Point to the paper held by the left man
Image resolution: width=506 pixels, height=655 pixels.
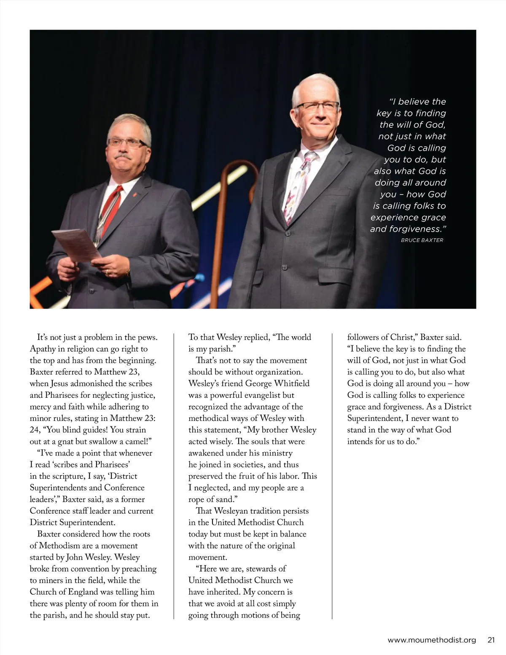pyautogui.click(x=75, y=245)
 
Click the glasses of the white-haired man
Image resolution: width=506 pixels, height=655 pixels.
pyautogui.click(x=317, y=106)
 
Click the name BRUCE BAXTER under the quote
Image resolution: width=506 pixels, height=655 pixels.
pyautogui.click(x=422, y=240)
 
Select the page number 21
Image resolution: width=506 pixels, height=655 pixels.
pyautogui.click(x=491, y=640)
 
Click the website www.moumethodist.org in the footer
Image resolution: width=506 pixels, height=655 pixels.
pyautogui.click(x=431, y=640)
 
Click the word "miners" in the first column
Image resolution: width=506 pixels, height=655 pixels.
pyautogui.click(x=52, y=580)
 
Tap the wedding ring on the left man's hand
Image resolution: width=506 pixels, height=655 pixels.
pyautogui.click(x=107, y=272)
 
